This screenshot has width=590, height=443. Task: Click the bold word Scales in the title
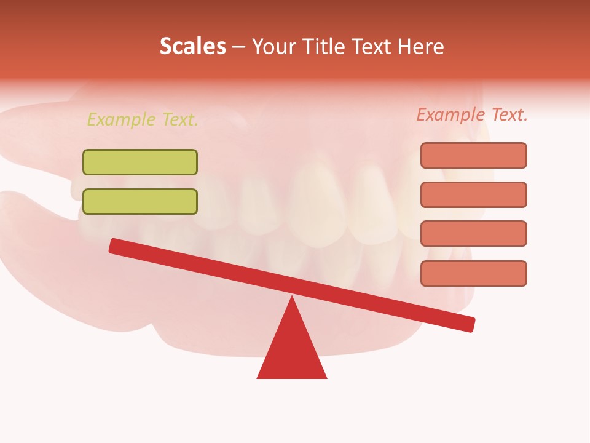192,47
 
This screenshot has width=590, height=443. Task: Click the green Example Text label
143,119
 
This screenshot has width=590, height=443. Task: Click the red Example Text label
472,114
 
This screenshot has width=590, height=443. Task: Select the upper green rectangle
140,162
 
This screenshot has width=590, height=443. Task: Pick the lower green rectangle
140,202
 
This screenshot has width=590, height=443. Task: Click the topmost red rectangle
473,155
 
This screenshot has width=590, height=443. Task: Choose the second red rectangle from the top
473,194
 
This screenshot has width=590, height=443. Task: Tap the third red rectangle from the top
473,234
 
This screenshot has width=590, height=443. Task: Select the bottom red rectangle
473,273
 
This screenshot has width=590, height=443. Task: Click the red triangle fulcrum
292,351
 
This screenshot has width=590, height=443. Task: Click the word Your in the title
273,47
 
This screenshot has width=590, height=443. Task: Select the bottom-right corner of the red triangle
326,377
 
